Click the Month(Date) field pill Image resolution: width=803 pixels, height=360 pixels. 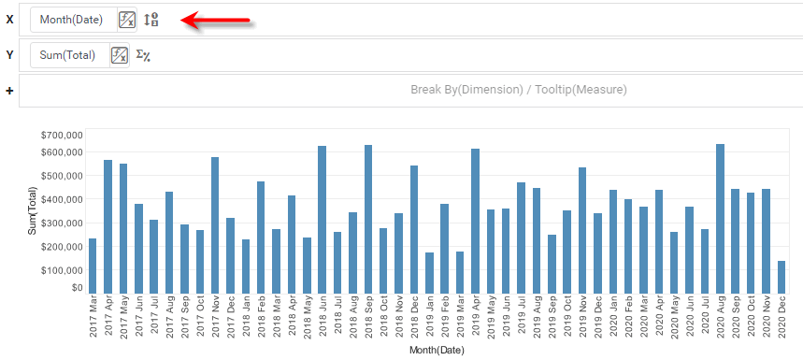click(x=71, y=20)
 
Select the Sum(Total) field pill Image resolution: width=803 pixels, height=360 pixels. click(x=67, y=55)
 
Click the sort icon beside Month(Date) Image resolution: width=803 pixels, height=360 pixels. click(x=151, y=20)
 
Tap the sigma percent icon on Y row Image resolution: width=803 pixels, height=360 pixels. click(x=143, y=55)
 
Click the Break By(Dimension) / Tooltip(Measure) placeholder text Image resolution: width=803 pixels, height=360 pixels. click(x=518, y=90)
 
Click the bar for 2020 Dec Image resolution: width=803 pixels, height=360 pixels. click(x=781, y=277)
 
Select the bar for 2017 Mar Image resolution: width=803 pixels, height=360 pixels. click(x=93, y=266)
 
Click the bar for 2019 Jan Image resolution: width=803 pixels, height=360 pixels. click(x=429, y=272)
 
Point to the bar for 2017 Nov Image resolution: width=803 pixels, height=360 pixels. click(x=215, y=225)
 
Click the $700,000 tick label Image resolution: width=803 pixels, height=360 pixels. click(x=62, y=135)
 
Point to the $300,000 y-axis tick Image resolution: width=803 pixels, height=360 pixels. click(x=62, y=224)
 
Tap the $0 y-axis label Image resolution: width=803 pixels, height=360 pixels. click(x=76, y=288)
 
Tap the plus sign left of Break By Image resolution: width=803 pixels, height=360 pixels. click(x=9, y=91)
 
